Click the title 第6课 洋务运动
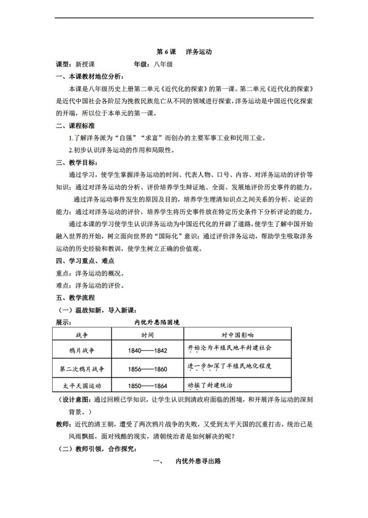pos(184,53)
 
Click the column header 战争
pos(83,335)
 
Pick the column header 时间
pos(147,335)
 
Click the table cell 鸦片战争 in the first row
pos(83,351)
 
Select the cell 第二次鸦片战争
pos(83,370)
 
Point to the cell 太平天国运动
pos(83,386)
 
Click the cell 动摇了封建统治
pos(211,385)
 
